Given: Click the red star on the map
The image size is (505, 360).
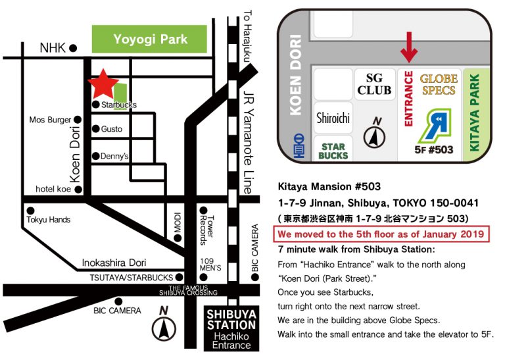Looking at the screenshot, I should coord(104,84).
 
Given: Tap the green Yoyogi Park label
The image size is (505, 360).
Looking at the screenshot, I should coord(151,39).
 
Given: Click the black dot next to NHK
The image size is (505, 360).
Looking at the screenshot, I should coord(74,47).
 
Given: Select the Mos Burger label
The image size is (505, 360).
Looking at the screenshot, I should coord(50,120).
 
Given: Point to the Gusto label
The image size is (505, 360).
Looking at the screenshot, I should coord(112,129).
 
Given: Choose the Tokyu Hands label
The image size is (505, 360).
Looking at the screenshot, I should coord(48,220).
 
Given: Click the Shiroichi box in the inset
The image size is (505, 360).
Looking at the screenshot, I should coord(333,119).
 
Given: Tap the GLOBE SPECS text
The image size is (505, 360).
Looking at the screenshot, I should coord(439,84).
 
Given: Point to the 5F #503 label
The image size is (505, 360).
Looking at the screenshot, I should coord(435,149).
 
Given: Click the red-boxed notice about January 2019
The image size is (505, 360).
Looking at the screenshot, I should coord(382,234).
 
